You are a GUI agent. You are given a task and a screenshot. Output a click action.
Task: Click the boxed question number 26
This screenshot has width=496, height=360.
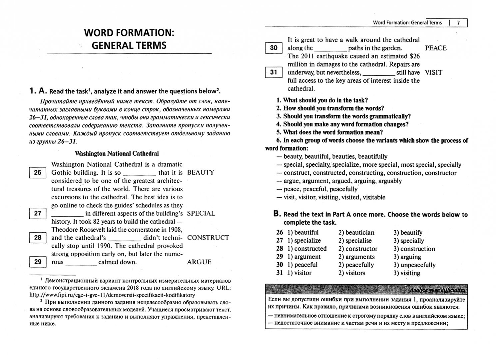(38, 173)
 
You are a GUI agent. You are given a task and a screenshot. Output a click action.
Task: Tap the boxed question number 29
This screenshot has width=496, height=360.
(38, 262)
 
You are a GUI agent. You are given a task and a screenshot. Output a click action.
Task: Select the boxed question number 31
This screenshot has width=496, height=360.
(273, 72)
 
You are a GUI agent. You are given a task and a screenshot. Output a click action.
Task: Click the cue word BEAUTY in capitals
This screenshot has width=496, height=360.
(201, 173)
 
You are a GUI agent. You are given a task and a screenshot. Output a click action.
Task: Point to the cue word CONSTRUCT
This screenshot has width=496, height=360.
(208, 238)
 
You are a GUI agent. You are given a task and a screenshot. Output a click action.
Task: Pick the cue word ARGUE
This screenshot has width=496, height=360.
(199, 262)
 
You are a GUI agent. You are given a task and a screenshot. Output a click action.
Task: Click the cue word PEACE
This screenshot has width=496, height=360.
(436, 48)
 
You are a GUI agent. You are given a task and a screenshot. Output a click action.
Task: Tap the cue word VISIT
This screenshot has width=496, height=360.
(433, 72)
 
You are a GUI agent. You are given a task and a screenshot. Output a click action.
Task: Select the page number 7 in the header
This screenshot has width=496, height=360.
(458, 23)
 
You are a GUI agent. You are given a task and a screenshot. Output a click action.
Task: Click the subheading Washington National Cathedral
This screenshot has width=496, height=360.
(117, 154)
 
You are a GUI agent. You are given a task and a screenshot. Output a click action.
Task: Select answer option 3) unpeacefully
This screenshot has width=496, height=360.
(414, 265)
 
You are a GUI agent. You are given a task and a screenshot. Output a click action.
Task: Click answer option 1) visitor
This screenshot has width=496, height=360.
(299, 273)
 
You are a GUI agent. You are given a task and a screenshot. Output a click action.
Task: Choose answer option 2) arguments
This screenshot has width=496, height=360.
(356, 257)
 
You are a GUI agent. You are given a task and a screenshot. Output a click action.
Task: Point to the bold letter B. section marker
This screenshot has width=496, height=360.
(277, 214)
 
